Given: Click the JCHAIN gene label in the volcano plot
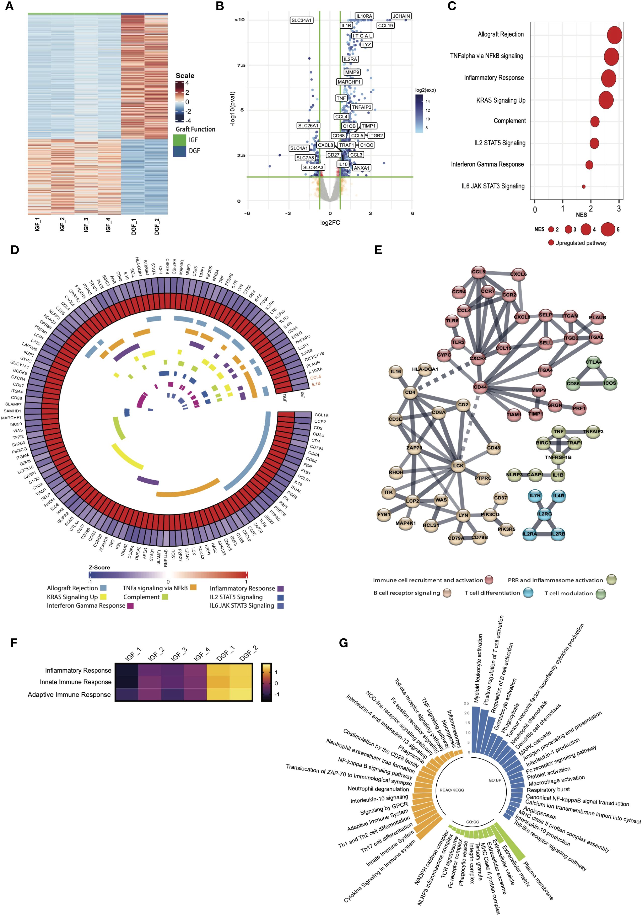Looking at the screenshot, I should tap(401, 16).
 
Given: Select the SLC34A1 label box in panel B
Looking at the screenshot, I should tap(301, 20).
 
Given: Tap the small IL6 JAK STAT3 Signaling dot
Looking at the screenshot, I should tap(584, 186).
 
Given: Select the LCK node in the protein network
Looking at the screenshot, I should tap(458, 466).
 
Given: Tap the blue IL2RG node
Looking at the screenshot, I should tap(544, 514).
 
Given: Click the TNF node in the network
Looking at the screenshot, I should tap(558, 432).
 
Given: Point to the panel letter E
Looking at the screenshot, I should tap(378, 250).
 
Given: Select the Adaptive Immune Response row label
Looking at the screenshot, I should tap(69, 695).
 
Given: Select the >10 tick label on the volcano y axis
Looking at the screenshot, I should tap(239, 20).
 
